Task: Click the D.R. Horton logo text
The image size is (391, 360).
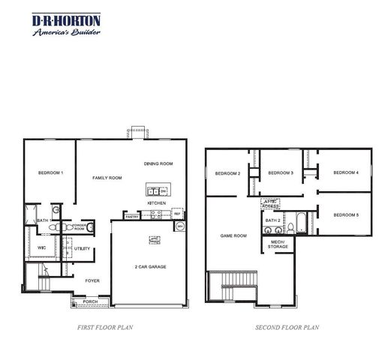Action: (67, 20)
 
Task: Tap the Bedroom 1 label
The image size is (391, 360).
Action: (50, 173)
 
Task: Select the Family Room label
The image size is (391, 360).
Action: (107, 178)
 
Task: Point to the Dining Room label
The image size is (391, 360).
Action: (158, 163)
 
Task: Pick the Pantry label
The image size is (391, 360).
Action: (132, 217)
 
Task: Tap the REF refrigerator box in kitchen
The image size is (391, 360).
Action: (178, 214)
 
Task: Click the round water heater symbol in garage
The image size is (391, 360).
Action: (179, 227)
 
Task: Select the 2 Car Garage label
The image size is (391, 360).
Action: (151, 267)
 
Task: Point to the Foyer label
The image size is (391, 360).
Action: (92, 280)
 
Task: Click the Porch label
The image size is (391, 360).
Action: (90, 302)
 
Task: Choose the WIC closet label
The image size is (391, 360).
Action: (41, 247)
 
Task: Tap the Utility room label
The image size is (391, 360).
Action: (82, 248)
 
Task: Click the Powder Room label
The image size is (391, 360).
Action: (79, 226)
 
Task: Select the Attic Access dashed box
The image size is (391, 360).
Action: (269, 202)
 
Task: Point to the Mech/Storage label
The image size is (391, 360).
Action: (278, 244)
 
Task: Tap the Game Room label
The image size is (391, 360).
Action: (233, 235)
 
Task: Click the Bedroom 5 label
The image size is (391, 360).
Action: (346, 215)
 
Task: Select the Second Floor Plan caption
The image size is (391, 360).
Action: (287, 327)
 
